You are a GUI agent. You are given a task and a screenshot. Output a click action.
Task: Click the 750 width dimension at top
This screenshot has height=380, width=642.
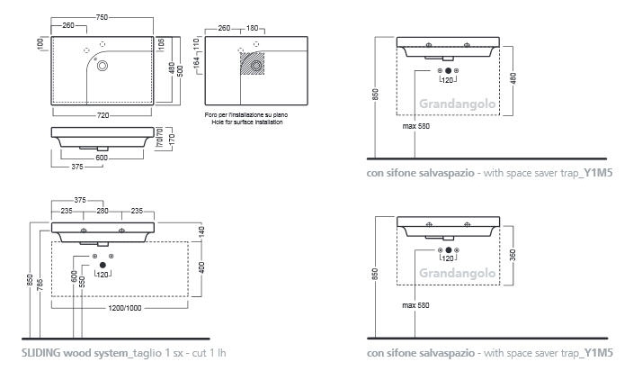(102, 17)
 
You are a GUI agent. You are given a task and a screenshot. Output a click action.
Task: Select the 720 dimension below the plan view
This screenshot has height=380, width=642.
(103, 115)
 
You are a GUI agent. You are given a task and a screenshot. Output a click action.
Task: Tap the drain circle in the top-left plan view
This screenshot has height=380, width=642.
(103, 66)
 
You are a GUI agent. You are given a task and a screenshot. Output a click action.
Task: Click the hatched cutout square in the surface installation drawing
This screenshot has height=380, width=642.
(252, 63)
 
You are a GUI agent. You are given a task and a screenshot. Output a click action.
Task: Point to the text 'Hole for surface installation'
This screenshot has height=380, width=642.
(247, 122)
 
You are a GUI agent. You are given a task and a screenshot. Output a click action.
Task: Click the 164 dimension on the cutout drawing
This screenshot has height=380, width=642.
(197, 62)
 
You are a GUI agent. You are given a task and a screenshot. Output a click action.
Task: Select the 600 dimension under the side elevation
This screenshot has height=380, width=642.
(102, 158)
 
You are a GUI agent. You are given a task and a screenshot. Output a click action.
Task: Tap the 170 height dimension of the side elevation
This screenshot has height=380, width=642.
(172, 140)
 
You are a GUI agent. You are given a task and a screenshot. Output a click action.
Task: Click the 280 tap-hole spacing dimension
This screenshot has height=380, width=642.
(103, 211)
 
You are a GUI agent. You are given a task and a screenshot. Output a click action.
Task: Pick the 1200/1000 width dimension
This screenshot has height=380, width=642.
(125, 308)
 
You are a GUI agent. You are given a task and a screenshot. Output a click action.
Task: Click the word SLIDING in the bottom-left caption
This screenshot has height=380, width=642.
(41, 353)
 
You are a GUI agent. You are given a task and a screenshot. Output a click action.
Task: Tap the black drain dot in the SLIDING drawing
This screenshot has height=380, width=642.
(103, 266)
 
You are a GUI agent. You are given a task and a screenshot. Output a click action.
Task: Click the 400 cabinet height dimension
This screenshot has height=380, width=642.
(201, 267)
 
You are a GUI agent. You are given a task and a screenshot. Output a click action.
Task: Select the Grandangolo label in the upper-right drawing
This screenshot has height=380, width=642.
(458, 104)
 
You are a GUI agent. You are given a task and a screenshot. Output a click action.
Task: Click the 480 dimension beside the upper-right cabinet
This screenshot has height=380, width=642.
(513, 78)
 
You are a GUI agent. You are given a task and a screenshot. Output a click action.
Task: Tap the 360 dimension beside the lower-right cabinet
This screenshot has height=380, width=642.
(513, 255)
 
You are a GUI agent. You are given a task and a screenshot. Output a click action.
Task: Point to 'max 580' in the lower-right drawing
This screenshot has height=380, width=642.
(415, 305)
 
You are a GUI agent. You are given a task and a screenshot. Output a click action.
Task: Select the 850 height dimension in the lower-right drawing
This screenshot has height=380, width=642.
(375, 274)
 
